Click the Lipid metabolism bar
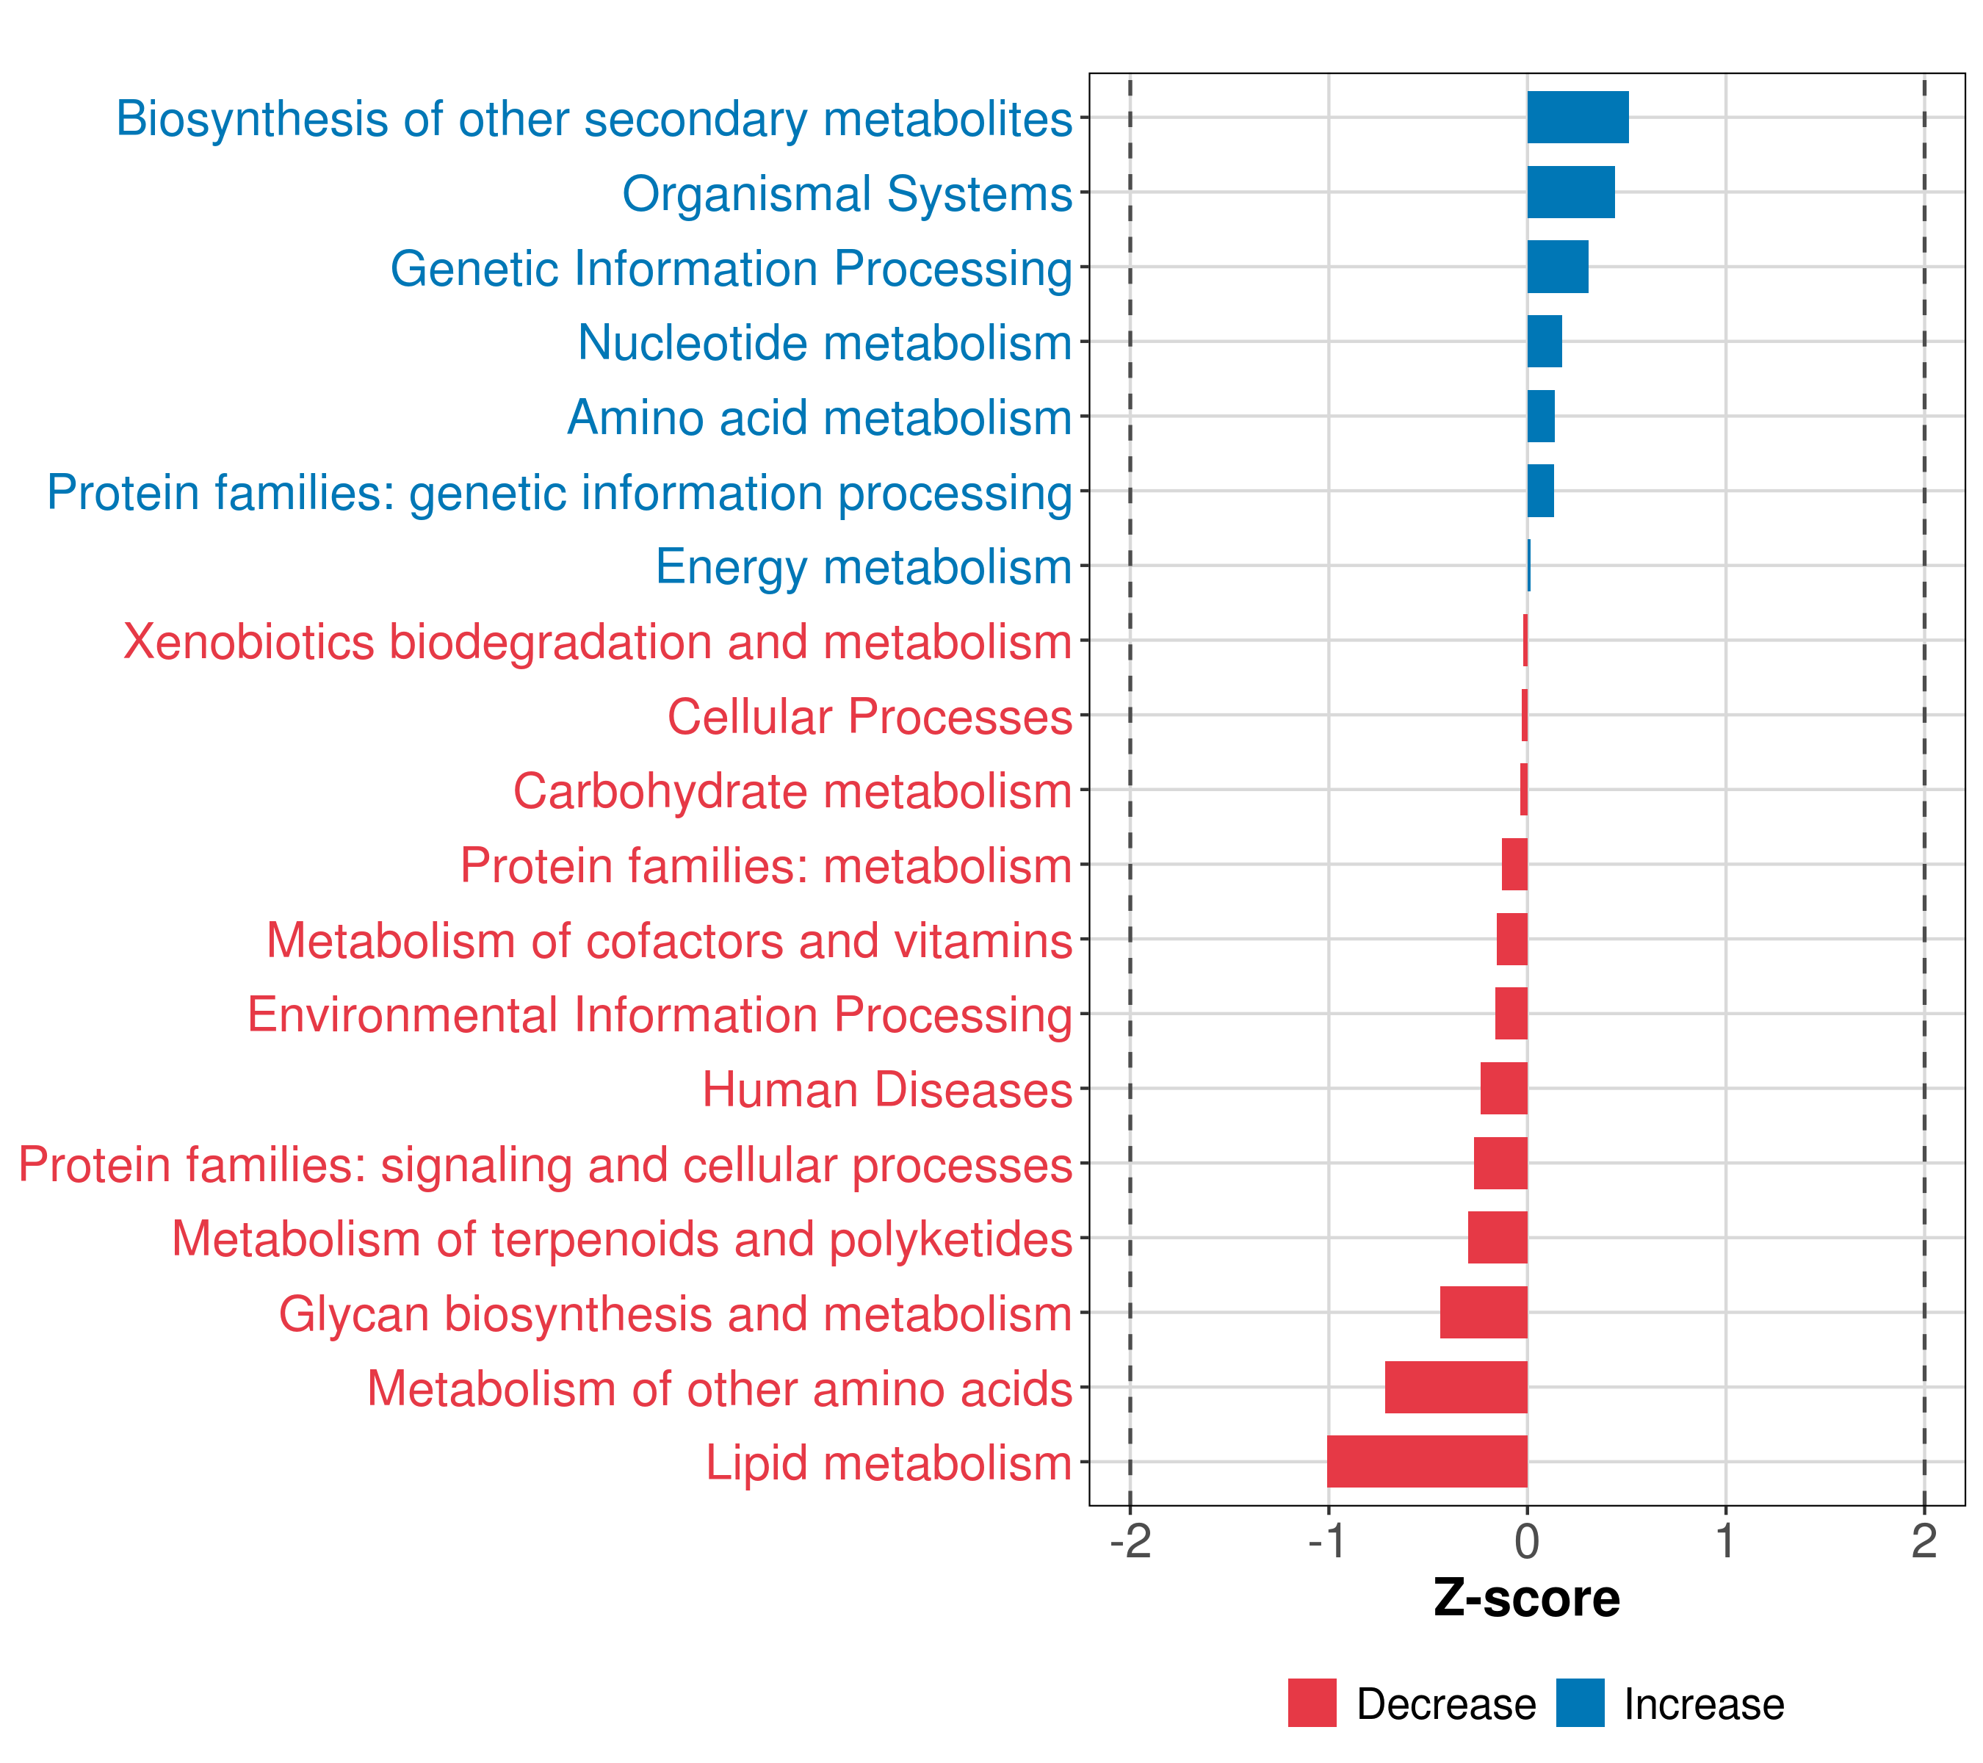(1427, 1461)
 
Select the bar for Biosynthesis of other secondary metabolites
(1578, 118)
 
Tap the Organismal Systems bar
(1571, 192)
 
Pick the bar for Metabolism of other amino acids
(1456, 1387)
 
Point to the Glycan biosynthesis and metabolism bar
(1484, 1312)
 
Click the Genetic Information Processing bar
(1557, 267)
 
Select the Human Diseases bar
(1503, 1088)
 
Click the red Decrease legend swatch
(1312, 1703)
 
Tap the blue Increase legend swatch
(1579, 1703)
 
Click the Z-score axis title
(1526, 1598)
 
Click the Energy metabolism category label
(864, 566)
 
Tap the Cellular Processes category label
(870, 716)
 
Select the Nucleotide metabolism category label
(825, 342)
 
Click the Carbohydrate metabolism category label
(792, 790)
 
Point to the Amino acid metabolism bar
(1541, 417)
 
